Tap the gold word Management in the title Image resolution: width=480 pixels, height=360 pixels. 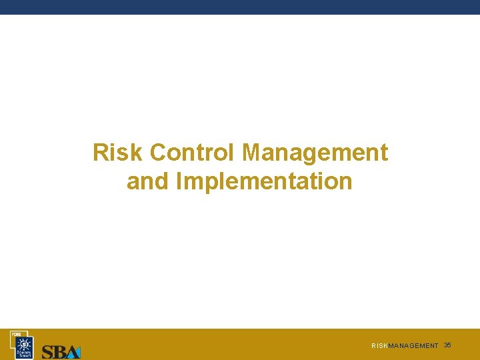(315, 153)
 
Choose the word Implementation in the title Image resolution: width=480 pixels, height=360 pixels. (264, 181)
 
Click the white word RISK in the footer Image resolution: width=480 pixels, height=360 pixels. (379, 346)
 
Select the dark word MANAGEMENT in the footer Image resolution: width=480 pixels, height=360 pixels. (413, 346)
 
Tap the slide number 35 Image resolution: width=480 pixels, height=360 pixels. (447, 345)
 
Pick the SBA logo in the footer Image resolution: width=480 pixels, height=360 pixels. (61, 351)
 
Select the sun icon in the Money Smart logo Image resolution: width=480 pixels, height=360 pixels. (24, 343)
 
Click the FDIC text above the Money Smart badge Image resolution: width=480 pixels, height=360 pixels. (14, 333)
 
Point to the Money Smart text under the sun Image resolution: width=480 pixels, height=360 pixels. (24, 354)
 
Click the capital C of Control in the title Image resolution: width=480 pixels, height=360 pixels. (157, 153)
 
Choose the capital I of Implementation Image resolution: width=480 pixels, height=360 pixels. (179, 181)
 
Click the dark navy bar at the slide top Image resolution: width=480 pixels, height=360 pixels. (240, 7)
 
